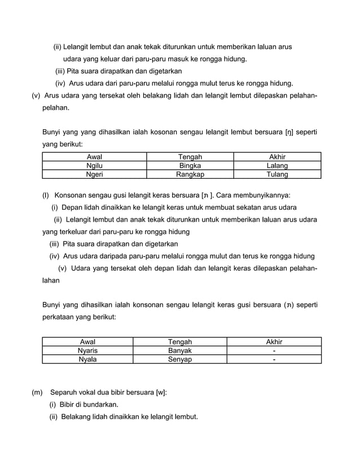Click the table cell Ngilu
pos(94,166)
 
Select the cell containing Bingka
pos(190,166)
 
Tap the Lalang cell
pos(277,166)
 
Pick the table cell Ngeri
pos(94,175)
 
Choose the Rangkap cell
pos(190,175)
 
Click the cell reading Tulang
pos(277,175)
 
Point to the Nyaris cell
pos(87,350)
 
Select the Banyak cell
pos(180,350)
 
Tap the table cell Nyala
pos(87,359)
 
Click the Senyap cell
pos(180,359)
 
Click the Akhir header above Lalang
pos(277,157)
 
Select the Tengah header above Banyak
pos(180,341)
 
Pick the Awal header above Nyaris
pos(87,341)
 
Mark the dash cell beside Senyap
pos(274,359)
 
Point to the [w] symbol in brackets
pos(161,392)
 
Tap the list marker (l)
pos(46,195)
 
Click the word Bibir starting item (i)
pos(68,405)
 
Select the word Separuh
pos(64,392)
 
